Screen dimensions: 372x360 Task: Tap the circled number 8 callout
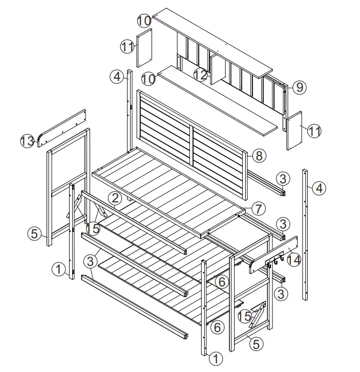[259, 155]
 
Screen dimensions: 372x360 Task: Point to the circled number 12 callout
[201, 75]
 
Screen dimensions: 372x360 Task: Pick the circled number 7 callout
[259, 208]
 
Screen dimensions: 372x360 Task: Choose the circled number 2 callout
[115, 197]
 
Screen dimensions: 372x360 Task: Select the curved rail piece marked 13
[62, 128]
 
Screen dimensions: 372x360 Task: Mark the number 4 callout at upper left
[117, 77]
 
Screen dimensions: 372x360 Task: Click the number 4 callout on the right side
[319, 188]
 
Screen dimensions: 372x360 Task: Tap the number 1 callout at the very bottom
[217, 359]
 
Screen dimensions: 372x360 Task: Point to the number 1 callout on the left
[58, 268]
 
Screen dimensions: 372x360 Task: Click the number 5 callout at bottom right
[256, 344]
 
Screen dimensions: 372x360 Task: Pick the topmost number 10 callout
[144, 20]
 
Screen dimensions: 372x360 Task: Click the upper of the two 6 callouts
[221, 281]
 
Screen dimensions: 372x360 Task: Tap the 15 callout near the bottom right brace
[245, 316]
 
